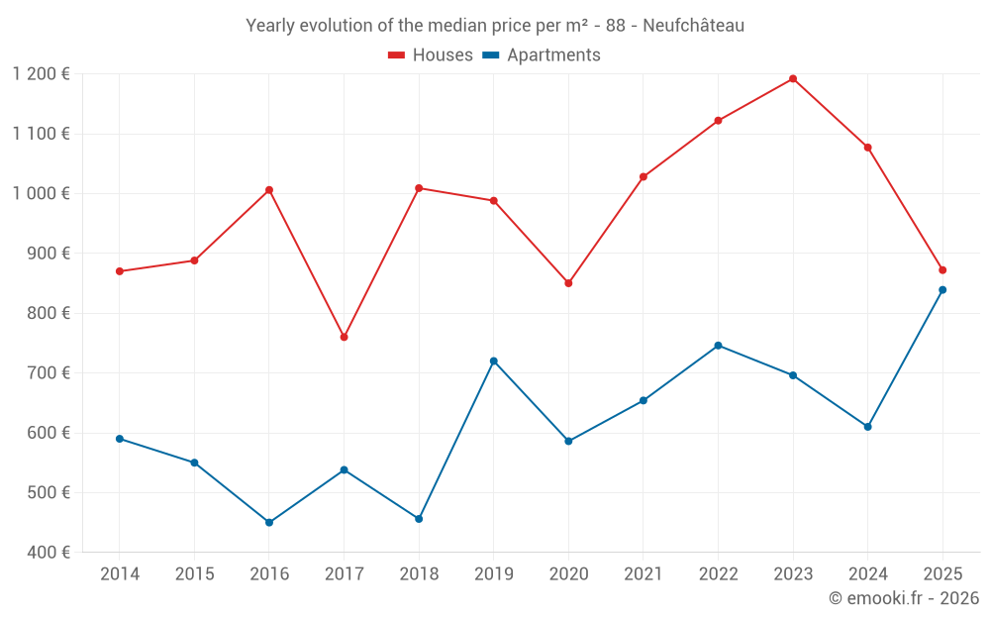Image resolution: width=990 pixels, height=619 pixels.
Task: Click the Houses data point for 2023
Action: click(793, 78)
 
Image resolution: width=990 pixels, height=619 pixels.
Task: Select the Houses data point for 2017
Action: click(344, 337)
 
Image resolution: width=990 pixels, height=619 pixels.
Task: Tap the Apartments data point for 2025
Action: click(942, 290)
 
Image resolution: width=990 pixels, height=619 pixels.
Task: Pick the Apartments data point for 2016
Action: click(269, 522)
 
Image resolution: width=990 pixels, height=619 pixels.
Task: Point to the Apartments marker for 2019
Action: click(493, 361)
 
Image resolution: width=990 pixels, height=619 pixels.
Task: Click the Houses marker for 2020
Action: click(568, 283)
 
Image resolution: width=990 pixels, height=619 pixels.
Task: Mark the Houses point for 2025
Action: click(942, 270)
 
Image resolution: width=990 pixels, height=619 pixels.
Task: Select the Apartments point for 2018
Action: click(419, 519)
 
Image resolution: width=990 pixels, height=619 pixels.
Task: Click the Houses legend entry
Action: click(431, 55)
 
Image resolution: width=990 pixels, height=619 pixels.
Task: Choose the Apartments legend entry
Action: click(542, 55)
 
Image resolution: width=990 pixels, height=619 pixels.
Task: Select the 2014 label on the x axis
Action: click(120, 574)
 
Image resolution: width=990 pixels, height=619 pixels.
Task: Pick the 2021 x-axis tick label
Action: click(643, 574)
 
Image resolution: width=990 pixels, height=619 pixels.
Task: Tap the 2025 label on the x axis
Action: click(942, 574)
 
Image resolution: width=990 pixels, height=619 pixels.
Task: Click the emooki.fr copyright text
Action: click(904, 598)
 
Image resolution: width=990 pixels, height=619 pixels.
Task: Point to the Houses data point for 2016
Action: click(269, 190)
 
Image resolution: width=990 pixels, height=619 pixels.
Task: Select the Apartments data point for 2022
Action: click(718, 346)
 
